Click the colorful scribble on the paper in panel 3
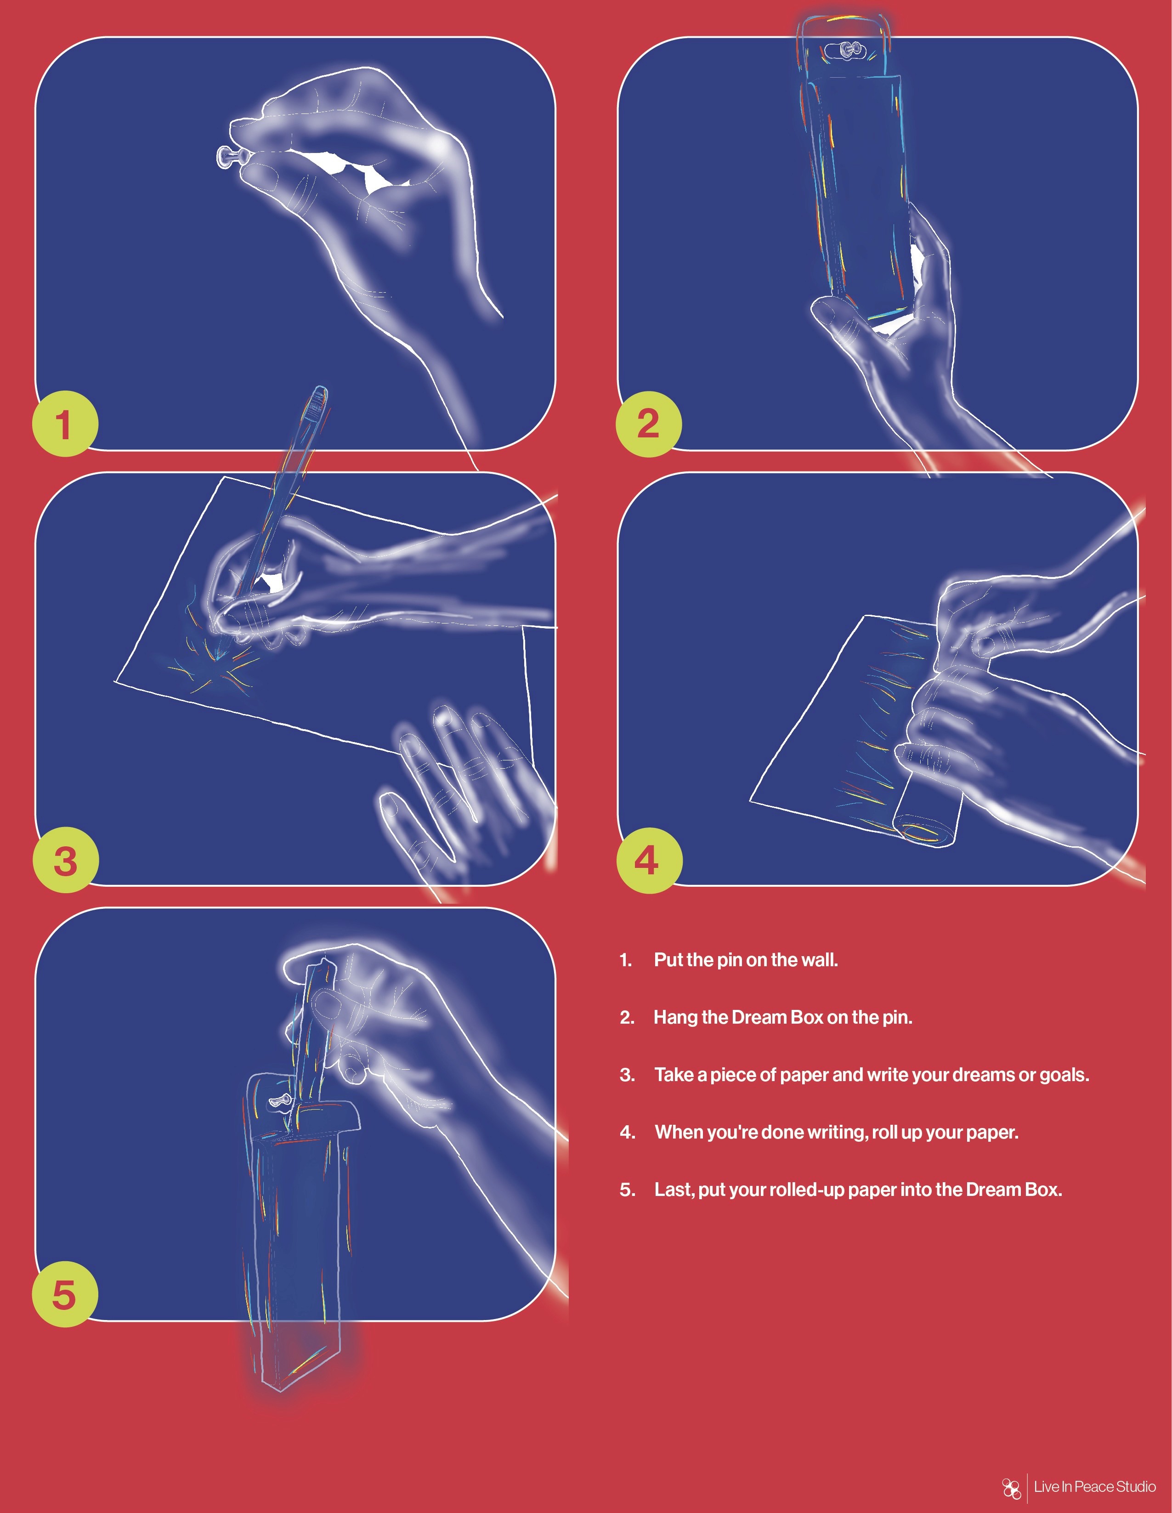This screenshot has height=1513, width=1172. [211, 662]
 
